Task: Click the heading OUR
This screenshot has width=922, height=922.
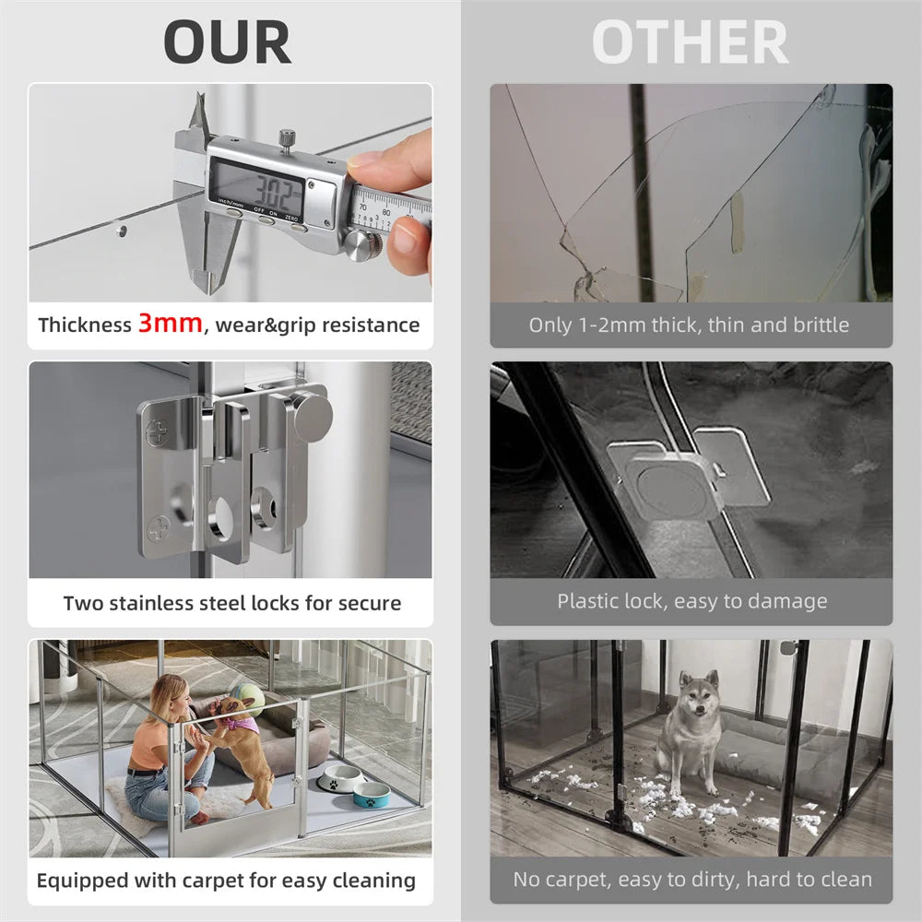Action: tap(227, 41)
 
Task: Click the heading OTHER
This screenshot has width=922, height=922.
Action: tap(690, 41)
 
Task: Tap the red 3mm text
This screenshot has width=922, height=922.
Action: tap(170, 324)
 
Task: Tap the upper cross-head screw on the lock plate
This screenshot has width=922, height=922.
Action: tap(158, 431)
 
